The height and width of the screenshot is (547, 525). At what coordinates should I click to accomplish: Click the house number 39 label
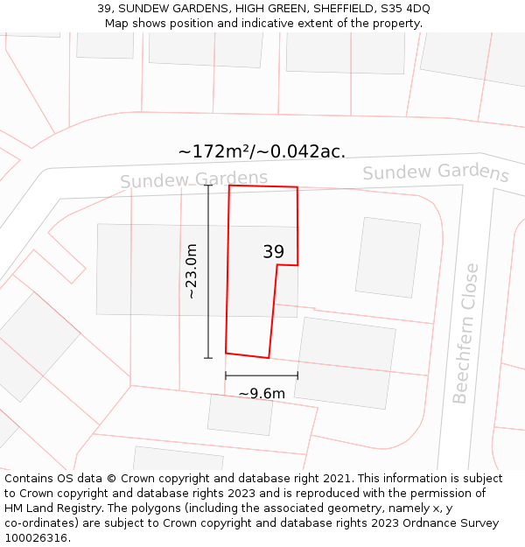273,252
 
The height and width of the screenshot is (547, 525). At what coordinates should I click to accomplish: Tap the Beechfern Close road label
465,333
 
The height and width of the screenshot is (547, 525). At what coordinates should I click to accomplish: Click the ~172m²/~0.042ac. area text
262,151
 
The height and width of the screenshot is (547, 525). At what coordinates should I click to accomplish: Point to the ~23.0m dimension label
191,271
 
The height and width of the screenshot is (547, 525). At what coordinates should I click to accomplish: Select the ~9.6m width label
262,394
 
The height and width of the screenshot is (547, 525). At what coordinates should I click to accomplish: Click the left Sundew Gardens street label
193,179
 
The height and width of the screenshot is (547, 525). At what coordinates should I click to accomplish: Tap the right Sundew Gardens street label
435,172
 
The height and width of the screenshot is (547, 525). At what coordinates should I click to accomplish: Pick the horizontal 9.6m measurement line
262,375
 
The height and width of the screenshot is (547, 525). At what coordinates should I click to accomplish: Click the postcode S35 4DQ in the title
403,9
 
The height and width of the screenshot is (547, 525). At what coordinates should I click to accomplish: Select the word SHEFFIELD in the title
336,9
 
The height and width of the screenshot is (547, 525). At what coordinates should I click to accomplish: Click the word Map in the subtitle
117,24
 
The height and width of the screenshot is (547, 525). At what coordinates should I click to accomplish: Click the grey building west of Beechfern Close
388,257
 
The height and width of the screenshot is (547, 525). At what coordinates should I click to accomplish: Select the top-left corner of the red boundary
229,186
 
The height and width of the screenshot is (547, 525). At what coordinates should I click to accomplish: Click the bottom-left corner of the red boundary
226,354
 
